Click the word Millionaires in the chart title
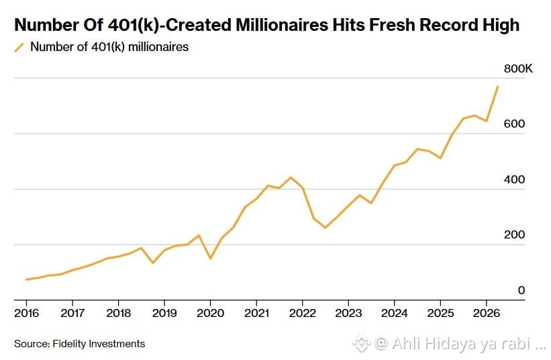(282, 25)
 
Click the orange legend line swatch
(19, 48)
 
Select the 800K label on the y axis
(518, 69)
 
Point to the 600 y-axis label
(514, 124)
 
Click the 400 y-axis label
(514, 179)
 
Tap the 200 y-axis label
(514, 234)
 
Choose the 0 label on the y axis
(521, 290)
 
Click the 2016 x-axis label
(26, 313)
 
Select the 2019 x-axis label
(164, 313)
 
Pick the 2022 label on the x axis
(303, 313)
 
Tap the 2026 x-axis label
(487, 313)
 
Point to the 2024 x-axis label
(394, 313)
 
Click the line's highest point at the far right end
(497, 87)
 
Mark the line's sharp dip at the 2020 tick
(211, 259)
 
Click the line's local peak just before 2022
(291, 177)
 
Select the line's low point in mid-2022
(325, 228)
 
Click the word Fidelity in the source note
(70, 344)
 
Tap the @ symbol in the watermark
(382, 343)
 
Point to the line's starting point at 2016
(26, 279)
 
